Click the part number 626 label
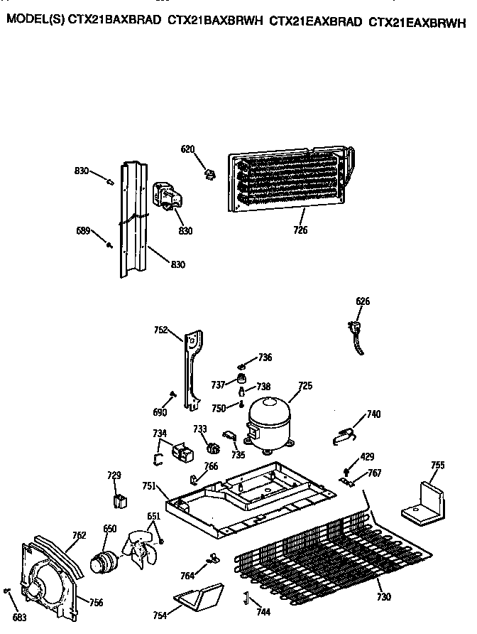(362, 301)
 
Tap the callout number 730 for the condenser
(383, 597)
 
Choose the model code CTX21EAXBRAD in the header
(315, 21)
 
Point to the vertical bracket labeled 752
(190, 370)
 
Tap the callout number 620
(187, 149)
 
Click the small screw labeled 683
(6, 591)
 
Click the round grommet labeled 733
(211, 447)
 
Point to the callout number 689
(83, 230)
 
